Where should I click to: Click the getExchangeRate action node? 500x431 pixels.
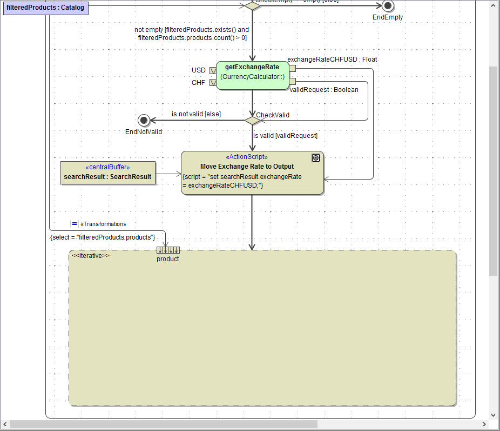click(x=252, y=75)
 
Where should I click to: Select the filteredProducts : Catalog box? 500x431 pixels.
click(x=45, y=8)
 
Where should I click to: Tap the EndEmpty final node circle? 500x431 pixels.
click(x=387, y=5)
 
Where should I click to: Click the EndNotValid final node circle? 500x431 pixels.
click(x=144, y=120)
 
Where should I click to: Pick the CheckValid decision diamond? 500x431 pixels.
click(x=252, y=120)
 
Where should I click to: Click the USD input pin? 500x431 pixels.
click(x=213, y=70)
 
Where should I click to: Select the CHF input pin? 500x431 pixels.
click(x=213, y=83)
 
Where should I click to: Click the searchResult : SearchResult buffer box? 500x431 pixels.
click(x=107, y=173)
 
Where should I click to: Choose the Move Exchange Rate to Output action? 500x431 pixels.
click(x=252, y=173)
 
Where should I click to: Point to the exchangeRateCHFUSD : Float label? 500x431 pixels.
click(x=332, y=59)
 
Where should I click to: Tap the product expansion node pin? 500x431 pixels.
click(x=168, y=250)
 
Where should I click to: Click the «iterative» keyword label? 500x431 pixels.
click(x=91, y=255)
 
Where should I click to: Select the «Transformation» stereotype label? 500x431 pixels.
click(x=103, y=224)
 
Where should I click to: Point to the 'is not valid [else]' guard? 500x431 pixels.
click(x=196, y=114)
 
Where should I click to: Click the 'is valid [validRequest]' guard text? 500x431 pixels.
click(x=285, y=136)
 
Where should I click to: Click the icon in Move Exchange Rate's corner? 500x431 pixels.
click(x=316, y=158)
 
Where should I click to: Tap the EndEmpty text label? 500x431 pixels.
click(x=387, y=17)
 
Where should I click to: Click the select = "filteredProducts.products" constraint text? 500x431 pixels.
click(x=103, y=237)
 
